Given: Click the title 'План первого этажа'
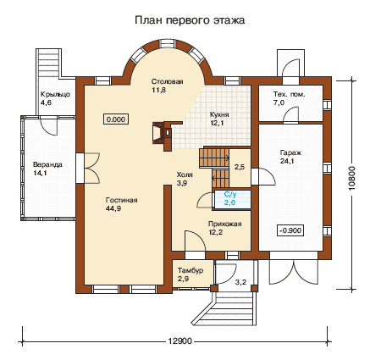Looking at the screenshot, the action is (190, 20).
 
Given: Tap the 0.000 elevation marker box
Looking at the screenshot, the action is (116, 119).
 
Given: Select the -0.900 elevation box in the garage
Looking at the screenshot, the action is (290, 230).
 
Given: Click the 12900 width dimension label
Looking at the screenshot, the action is (180, 341).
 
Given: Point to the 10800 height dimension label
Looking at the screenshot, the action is (352, 178).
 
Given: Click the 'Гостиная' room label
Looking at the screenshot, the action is (121, 200).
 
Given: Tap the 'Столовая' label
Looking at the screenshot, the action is (168, 81).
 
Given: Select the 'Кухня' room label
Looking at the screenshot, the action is (219, 115).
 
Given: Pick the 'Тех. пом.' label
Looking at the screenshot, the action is (289, 94).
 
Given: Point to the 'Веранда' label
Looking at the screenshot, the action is (47, 164).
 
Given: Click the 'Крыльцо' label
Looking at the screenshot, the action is (55, 95).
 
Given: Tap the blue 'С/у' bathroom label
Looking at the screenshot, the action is (230, 195).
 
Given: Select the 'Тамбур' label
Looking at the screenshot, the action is (190, 270).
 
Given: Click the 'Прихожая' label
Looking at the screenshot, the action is (225, 224).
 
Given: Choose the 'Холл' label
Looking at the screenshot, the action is (185, 174).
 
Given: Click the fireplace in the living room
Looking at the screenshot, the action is (162, 133).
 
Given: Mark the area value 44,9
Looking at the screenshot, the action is (113, 208).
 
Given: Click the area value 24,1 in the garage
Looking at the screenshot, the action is (287, 161).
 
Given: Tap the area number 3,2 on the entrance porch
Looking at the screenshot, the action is (240, 282).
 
